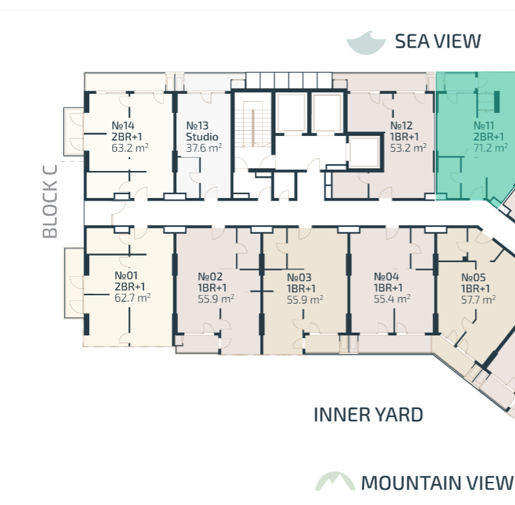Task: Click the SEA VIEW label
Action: pos(438,42)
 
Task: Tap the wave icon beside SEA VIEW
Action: pos(366,43)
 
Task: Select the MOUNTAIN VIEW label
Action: pos(437,483)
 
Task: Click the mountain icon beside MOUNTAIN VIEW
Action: pos(335,481)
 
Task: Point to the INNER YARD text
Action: pos(368,415)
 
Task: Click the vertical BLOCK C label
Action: pos(50,201)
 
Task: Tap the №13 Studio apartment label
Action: pos(202,131)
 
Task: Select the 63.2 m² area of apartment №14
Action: pos(130,148)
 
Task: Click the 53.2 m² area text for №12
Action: pos(408,148)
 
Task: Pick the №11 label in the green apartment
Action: pos(484,125)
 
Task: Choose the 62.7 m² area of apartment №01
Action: pos(133,298)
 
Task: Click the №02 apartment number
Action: pos(210,277)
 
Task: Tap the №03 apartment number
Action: pos(299,277)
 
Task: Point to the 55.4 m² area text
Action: pos(392,299)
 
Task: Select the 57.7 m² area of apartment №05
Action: pos(479,300)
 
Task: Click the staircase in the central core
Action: pos(253,124)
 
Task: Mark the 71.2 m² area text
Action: pos(491,148)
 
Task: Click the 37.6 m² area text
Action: pos(204,148)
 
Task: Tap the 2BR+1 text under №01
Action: pos(129,286)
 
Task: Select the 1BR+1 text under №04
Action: pos(388,288)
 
